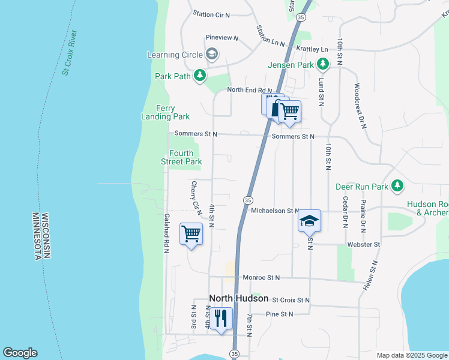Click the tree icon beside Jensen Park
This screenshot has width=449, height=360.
[323, 63]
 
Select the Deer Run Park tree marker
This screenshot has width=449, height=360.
[397, 187]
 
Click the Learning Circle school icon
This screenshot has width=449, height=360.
[211, 55]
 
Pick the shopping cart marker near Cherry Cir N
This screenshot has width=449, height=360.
[191, 233]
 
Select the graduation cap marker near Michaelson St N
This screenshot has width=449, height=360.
[309, 220]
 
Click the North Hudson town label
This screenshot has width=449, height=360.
[238, 298]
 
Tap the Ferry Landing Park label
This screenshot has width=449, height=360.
[165, 112]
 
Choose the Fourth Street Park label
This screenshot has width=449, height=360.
[181, 157]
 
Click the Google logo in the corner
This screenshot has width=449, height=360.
[20, 353]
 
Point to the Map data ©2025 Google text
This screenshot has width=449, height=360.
[411, 355]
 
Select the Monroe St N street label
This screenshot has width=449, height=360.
[262, 278]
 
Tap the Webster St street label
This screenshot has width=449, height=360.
[364, 245]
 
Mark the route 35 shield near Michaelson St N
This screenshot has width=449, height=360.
[247, 199]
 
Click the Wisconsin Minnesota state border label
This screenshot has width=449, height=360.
[40, 235]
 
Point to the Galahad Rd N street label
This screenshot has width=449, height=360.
[167, 233]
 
